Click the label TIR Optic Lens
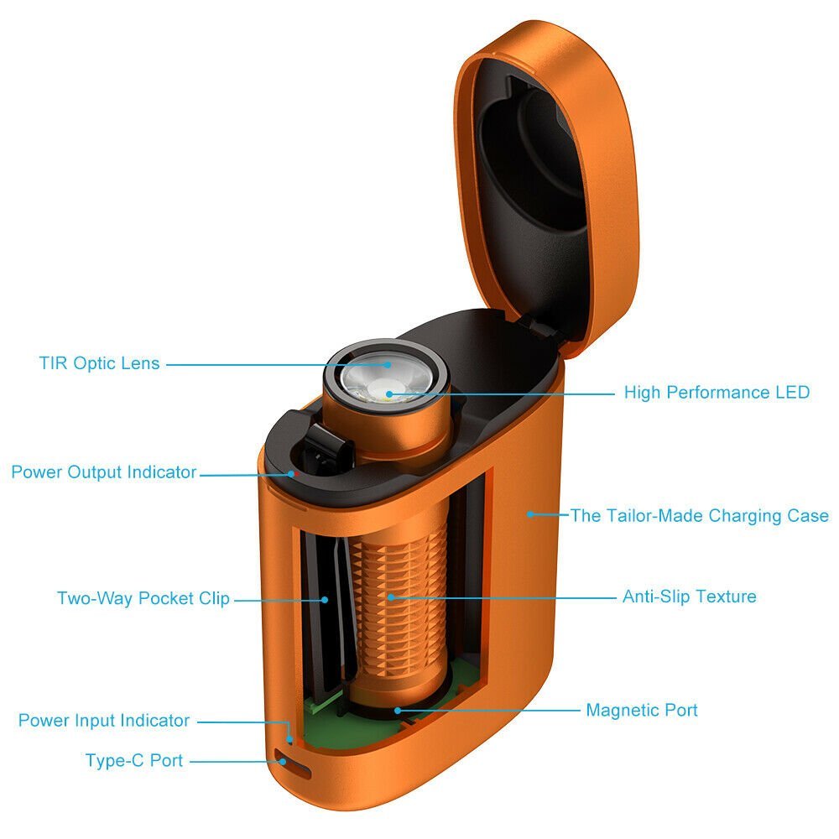(x=99, y=363)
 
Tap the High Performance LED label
(x=717, y=392)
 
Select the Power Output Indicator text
(x=103, y=472)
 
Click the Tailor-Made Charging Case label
(x=700, y=515)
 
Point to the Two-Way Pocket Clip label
(x=143, y=598)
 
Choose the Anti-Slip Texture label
(x=689, y=597)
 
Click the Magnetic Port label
(x=641, y=710)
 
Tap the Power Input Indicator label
(x=104, y=720)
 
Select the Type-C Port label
(x=134, y=761)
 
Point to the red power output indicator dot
(x=292, y=472)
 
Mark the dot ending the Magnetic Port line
(x=399, y=710)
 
